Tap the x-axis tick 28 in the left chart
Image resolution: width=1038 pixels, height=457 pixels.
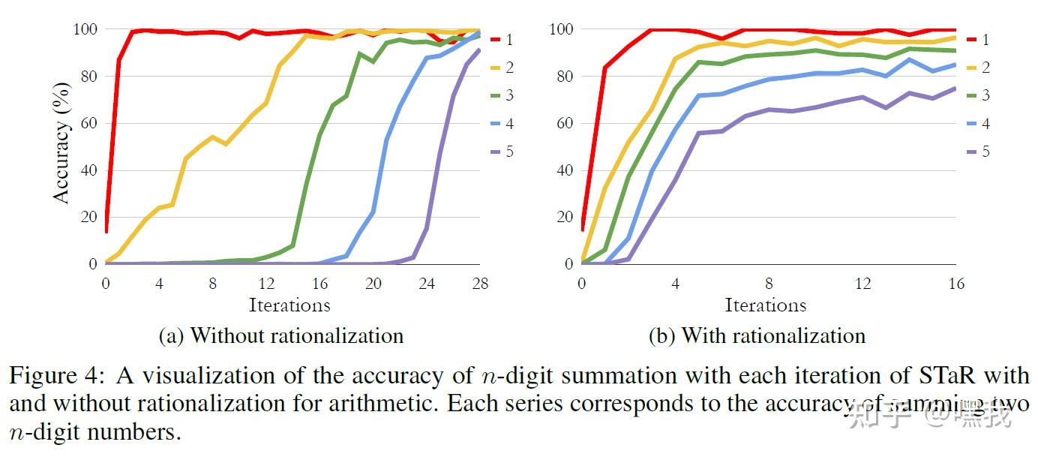pos(479,284)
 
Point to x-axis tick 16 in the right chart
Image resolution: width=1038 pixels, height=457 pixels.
pos(955,284)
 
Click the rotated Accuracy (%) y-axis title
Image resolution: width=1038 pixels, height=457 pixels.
pos(63,150)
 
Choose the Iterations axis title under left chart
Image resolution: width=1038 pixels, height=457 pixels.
pos(289,305)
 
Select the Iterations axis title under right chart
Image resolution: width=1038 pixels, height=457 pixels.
pos(766,305)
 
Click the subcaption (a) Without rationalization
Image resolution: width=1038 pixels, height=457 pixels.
pos(281,335)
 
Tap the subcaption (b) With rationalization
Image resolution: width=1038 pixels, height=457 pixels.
pos(757,335)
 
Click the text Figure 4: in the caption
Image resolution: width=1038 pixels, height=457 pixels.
pos(48,375)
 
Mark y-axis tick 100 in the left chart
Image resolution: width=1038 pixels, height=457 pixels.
pos(85,29)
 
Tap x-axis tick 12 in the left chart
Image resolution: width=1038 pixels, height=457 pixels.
pos(265,284)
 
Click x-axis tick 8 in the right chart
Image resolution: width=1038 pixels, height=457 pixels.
pos(769,284)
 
